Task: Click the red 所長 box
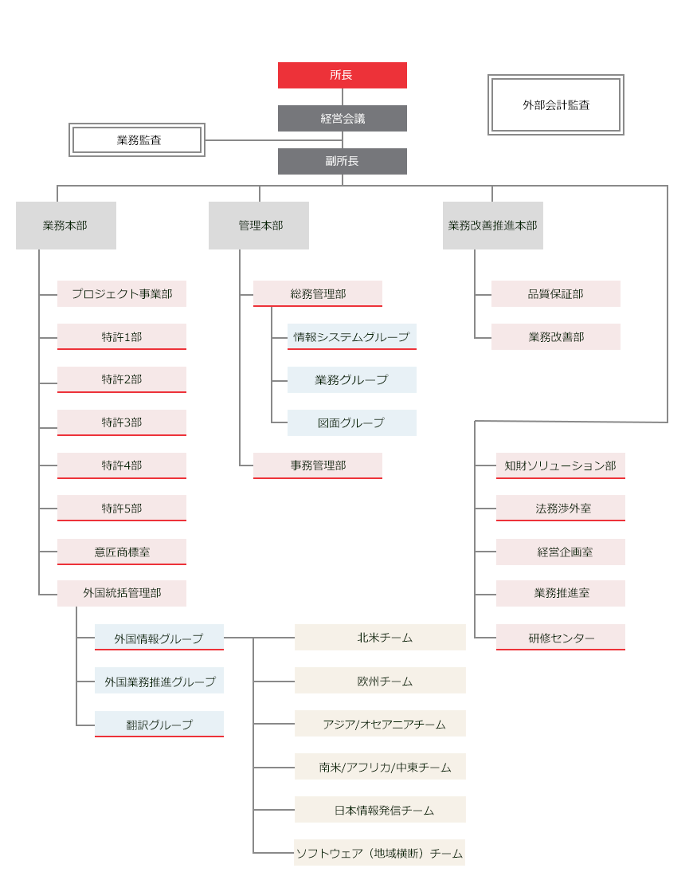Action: (342, 75)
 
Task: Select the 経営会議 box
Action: (342, 118)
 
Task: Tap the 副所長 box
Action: (342, 161)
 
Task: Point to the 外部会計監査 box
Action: (555, 104)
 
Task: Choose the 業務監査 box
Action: (137, 139)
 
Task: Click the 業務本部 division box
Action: (65, 226)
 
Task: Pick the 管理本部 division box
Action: (258, 226)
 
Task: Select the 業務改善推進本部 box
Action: (492, 226)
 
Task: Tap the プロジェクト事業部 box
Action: (121, 293)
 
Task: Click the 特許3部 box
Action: (121, 422)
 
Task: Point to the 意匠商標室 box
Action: (121, 552)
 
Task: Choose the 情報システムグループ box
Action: (351, 336)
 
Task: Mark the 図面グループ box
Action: (351, 422)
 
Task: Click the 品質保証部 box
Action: (555, 293)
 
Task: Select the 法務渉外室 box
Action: (560, 508)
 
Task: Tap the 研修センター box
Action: (560, 637)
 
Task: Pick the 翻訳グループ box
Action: (159, 724)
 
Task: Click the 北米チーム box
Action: (380, 637)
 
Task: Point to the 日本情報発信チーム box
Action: (380, 809)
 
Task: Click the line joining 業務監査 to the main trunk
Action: (271, 140)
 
